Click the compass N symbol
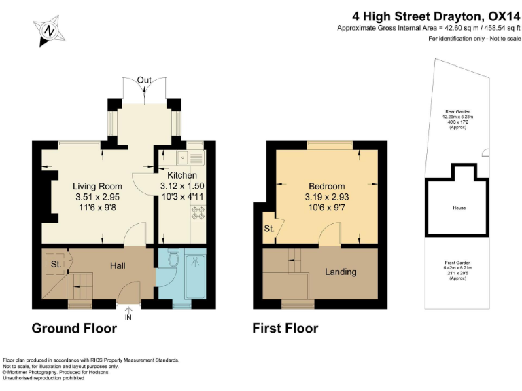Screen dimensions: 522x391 coord(49,31)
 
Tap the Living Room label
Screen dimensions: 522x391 coord(97,186)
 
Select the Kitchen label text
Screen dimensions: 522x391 coord(182,175)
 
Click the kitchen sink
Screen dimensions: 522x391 coord(183,157)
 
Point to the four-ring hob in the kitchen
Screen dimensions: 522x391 coord(198,213)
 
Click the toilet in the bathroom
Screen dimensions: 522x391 coord(173,257)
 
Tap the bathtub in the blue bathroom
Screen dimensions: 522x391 coord(196,277)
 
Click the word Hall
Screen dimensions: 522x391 coord(118,265)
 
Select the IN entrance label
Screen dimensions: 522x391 coord(128,318)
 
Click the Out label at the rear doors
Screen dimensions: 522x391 coord(144,80)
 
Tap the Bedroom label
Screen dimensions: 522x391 coord(326,186)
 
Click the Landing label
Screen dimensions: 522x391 coord(341,272)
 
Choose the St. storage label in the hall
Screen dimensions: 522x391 coord(56,264)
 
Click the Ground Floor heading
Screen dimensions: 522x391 coord(74,329)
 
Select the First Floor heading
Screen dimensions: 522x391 coord(285,329)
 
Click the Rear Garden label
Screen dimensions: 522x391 coord(457,112)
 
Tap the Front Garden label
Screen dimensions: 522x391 coord(457,263)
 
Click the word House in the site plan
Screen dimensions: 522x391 coord(459,208)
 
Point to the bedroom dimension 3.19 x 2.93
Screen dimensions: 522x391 coord(326,197)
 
